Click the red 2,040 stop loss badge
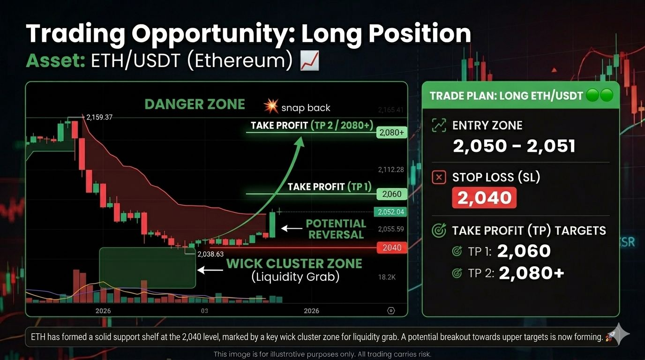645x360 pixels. [484, 197]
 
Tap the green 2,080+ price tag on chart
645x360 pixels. [391, 133]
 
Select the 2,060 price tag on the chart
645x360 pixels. [391, 194]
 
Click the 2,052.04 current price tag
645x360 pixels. [390, 212]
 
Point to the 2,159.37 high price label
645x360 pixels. [99, 117]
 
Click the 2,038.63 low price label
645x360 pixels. [210, 254]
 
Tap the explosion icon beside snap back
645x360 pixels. [271, 106]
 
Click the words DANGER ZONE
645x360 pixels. [195, 104]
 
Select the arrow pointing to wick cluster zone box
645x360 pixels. [210, 270]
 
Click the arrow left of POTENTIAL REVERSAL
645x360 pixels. [292, 228]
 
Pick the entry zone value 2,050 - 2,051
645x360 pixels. [514, 146]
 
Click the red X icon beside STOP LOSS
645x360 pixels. [439, 177]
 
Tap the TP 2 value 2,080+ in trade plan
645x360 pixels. [531, 273]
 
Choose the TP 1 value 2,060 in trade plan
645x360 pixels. [524, 251]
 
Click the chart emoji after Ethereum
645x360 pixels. [309, 61]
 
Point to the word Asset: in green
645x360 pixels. [56, 61]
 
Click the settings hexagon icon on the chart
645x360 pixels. [391, 311]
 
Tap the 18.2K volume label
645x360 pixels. [387, 277]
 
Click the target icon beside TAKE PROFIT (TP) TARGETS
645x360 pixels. [439, 231]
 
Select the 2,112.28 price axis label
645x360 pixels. [391, 170]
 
